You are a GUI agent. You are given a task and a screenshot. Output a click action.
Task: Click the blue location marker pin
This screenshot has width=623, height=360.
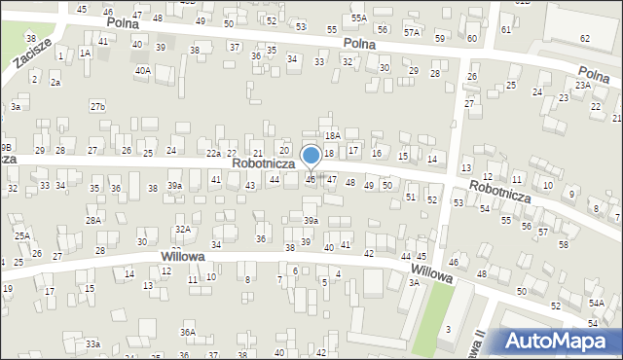pyautogui.click(x=311, y=156)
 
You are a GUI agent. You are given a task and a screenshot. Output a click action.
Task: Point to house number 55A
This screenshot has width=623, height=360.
pyautogui.click(x=359, y=18)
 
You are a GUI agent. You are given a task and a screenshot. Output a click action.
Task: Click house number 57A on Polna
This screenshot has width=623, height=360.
pyautogui.click(x=413, y=32)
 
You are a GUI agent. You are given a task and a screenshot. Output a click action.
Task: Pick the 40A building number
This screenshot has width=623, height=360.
pyautogui.click(x=143, y=70)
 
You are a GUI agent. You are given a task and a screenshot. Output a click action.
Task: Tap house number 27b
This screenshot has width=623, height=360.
pyautogui.click(x=97, y=105)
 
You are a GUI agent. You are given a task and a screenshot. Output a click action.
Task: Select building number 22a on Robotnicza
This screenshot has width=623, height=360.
pyautogui.click(x=213, y=154)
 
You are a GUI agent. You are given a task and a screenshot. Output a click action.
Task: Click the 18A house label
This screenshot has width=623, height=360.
pyautogui.click(x=333, y=136)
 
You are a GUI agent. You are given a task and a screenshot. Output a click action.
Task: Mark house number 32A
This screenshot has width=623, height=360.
pyautogui.click(x=182, y=229)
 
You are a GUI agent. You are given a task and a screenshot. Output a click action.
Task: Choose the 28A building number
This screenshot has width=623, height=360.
pyautogui.click(x=92, y=221)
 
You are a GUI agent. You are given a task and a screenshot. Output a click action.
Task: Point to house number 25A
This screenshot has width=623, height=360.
pyautogui.click(x=21, y=236)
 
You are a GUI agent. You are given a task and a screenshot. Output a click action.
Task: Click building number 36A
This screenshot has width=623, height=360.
pyautogui.click(x=187, y=332)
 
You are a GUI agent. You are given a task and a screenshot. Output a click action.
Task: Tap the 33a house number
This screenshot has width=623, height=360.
pyautogui.click(x=92, y=343)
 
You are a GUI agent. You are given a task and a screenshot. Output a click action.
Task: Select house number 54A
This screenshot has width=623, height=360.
pyautogui.click(x=596, y=304)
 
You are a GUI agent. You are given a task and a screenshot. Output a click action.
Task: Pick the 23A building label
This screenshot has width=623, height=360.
pyautogui.click(x=582, y=86)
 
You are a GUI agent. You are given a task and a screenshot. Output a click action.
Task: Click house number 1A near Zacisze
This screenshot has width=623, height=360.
pyautogui.click(x=86, y=54)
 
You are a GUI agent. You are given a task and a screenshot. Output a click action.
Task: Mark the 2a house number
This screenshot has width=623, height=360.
pyautogui.click(x=55, y=83)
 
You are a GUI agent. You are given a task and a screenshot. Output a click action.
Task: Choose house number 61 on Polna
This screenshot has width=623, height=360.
pyautogui.click(x=505, y=29)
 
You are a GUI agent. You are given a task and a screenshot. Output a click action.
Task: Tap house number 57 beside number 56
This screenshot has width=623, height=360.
pyautogui.click(x=542, y=232)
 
